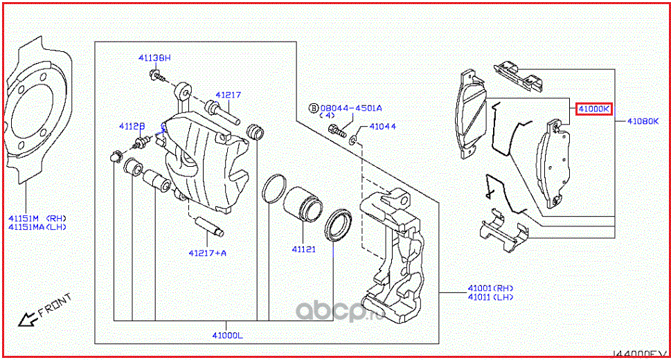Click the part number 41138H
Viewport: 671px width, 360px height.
coord(153,59)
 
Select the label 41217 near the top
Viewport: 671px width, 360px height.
coord(227,95)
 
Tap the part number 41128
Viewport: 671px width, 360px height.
coord(131,126)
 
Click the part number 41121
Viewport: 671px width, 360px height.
coord(303,248)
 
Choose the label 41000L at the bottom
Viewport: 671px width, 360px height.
coord(227,335)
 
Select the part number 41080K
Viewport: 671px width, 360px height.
coord(643,120)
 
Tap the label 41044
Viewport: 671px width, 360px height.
coord(382,127)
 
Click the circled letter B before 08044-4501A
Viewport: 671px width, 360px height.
coord(313,108)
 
